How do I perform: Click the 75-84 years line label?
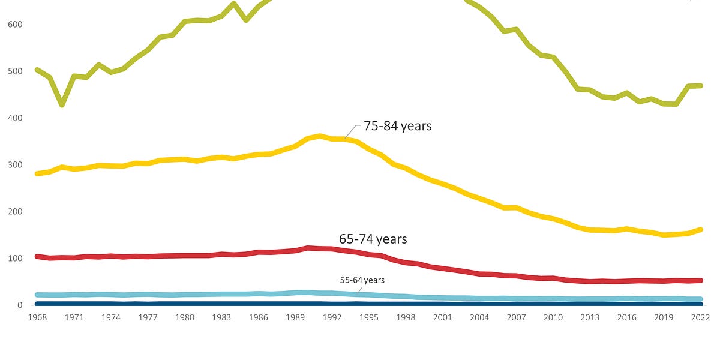397,127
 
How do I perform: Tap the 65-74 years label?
373,239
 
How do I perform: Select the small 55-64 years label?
362,280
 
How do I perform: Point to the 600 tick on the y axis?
16,25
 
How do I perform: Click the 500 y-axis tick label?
16,71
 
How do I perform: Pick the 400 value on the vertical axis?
16,118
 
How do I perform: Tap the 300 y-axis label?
16,165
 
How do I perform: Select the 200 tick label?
16,212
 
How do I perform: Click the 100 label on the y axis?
16,259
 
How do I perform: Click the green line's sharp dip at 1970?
62,104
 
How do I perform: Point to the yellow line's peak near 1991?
320,136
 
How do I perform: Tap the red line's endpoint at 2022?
700,280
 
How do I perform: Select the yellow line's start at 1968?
38,173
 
